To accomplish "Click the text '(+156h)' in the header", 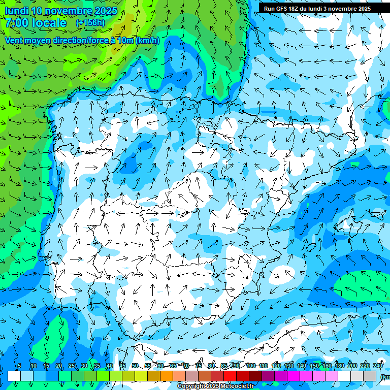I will tap(90, 22).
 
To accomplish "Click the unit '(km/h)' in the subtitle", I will tap(147, 41).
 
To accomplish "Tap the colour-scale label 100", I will tap(250, 366).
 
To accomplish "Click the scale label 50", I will tap(135, 366).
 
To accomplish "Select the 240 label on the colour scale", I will tap(378, 366).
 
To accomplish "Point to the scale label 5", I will tap(19, 366).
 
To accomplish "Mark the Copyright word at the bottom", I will tap(191, 386).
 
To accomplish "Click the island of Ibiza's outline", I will tap(311, 247).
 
